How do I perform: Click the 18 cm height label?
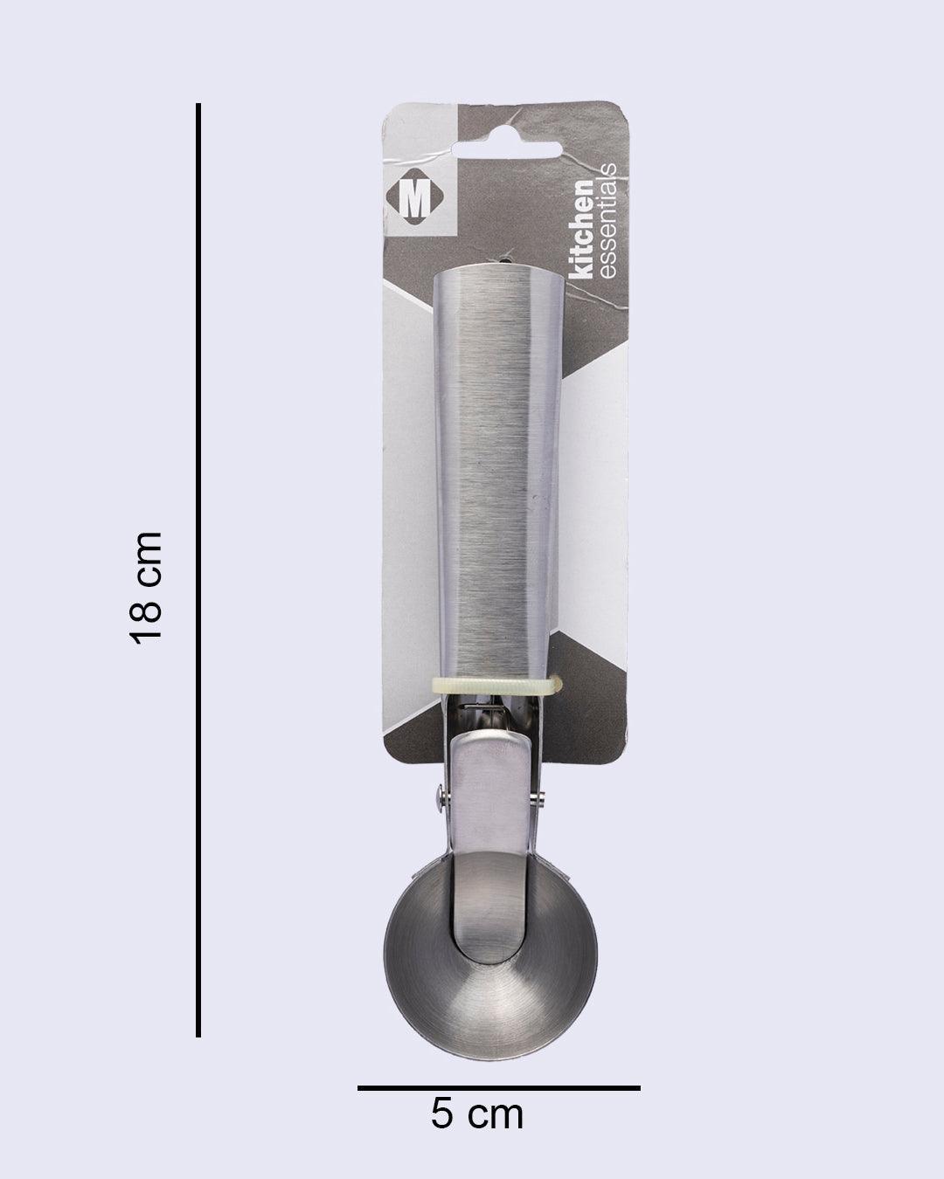[x=146, y=587]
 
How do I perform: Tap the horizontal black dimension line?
[x=498, y=1088]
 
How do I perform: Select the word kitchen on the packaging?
[x=581, y=231]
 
